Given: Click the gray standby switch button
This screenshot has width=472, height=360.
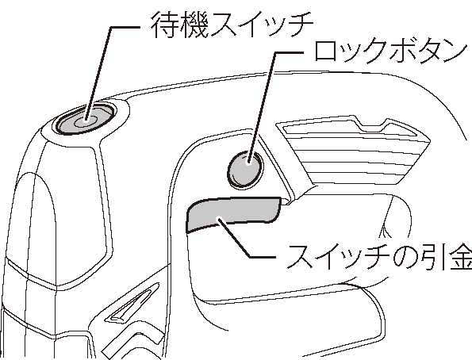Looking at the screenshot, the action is [85, 119].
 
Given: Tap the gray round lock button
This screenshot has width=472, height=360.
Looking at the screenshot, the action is [245, 170].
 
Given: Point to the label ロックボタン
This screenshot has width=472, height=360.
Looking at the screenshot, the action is [389, 52].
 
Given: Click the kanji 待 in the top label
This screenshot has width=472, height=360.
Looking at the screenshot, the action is [164, 25].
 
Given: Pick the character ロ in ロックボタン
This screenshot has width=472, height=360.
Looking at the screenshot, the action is [326, 52].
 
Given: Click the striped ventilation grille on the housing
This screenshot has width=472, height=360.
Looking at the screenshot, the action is [355, 150].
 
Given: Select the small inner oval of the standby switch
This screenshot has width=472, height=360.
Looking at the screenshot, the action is [86, 121].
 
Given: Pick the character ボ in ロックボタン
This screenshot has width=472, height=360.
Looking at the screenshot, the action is [399, 52].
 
